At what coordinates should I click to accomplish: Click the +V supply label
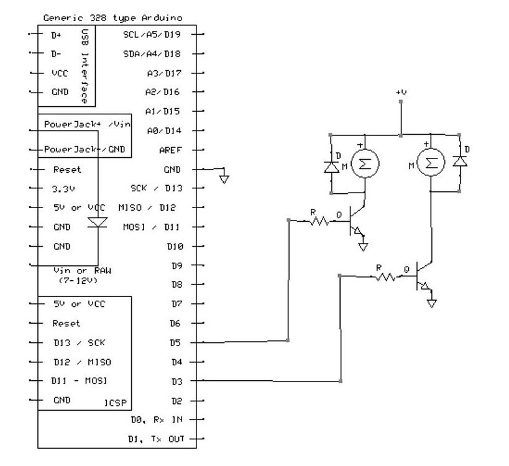tap(401, 92)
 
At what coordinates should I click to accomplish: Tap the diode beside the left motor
tap(331, 166)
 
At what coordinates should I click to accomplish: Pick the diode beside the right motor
tap(460, 161)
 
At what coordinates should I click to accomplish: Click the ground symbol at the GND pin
tap(224, 179)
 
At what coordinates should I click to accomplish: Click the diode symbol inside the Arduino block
tap(97, 222)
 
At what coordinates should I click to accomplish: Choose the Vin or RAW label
tap(81, 271)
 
